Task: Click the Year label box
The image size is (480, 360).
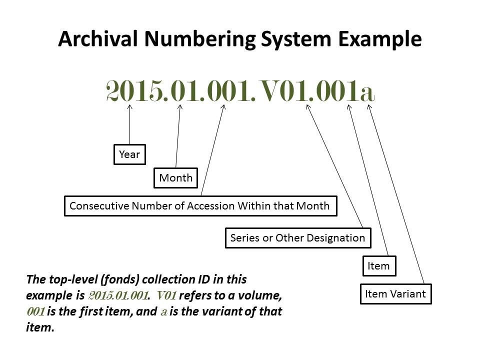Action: pyautogui.click(x=129, y=154)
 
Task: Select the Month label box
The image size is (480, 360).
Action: pyautogui.click(x=175, y=177)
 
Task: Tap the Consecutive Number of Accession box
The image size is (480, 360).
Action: pyautogui.click(x=200, y=205)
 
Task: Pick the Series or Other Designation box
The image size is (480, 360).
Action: pyautogui.click(x=297, y=237)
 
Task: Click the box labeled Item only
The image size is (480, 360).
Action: pyautogui.click(x=378, y=266)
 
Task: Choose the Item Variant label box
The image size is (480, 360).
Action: pyautogui.click(x=395, y=293)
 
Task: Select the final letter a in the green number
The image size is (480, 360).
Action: pyautogui.click(x=366, y=93)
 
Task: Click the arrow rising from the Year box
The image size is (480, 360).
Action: pyautogui.click(x=130, y=125)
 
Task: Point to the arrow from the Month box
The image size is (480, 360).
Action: pyautogui.click(x=178, y=135)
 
